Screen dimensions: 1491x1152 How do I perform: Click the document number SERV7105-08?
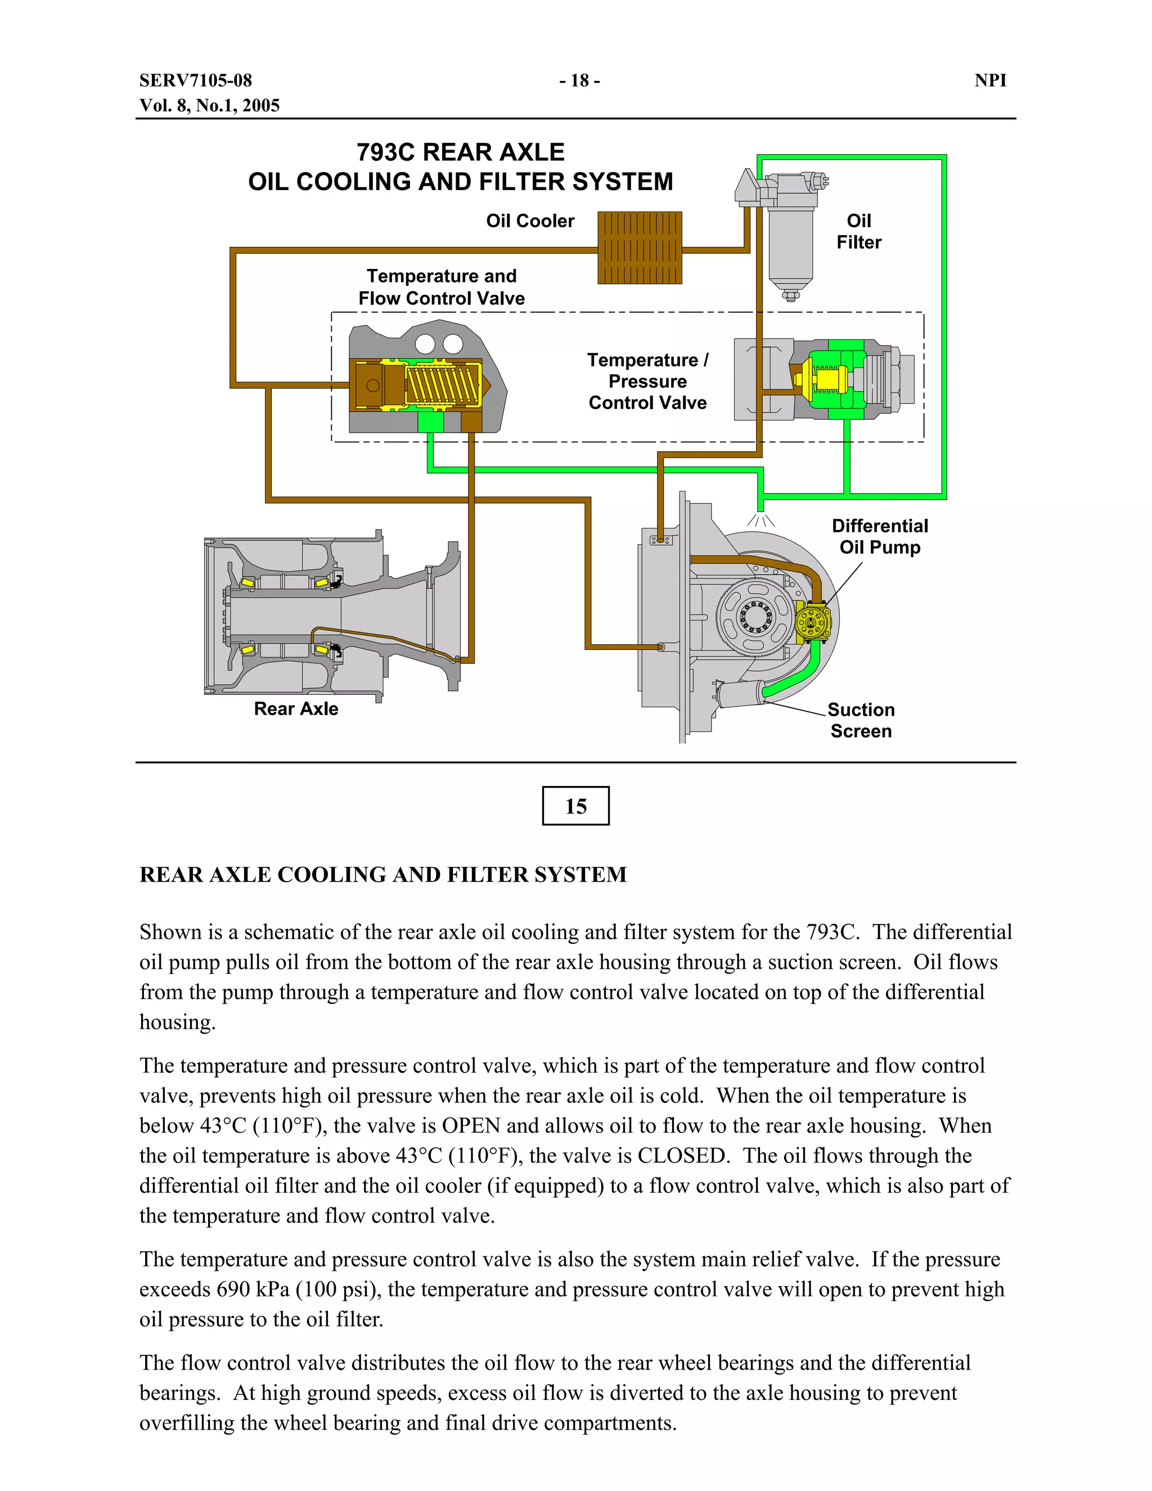click(195, 80)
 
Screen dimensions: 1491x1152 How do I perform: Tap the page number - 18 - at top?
click(579, 80)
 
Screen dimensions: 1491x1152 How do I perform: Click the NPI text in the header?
click(990, 80)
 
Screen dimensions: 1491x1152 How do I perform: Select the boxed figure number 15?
click(575, 806)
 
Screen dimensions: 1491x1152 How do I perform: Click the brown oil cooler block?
click(640, 248)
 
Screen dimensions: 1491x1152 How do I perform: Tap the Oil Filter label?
click(858, 231)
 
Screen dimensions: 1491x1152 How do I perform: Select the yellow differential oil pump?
click(813, 622)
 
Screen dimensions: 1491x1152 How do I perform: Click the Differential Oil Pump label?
click(879, 537)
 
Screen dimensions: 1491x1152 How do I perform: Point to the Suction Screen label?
click(861, 720)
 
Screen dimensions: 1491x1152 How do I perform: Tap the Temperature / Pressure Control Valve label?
click(647, 381)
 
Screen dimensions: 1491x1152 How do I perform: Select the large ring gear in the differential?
click(754, 617)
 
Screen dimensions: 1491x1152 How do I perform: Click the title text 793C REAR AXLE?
click(460, 151)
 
